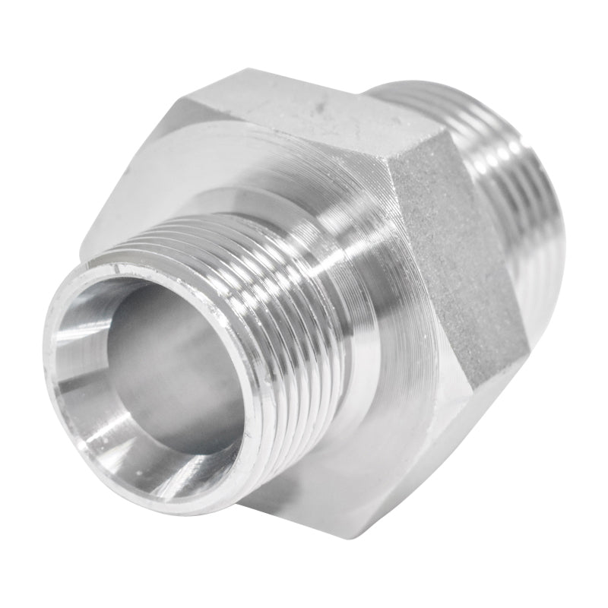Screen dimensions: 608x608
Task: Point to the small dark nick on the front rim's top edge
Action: click(116, 269)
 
